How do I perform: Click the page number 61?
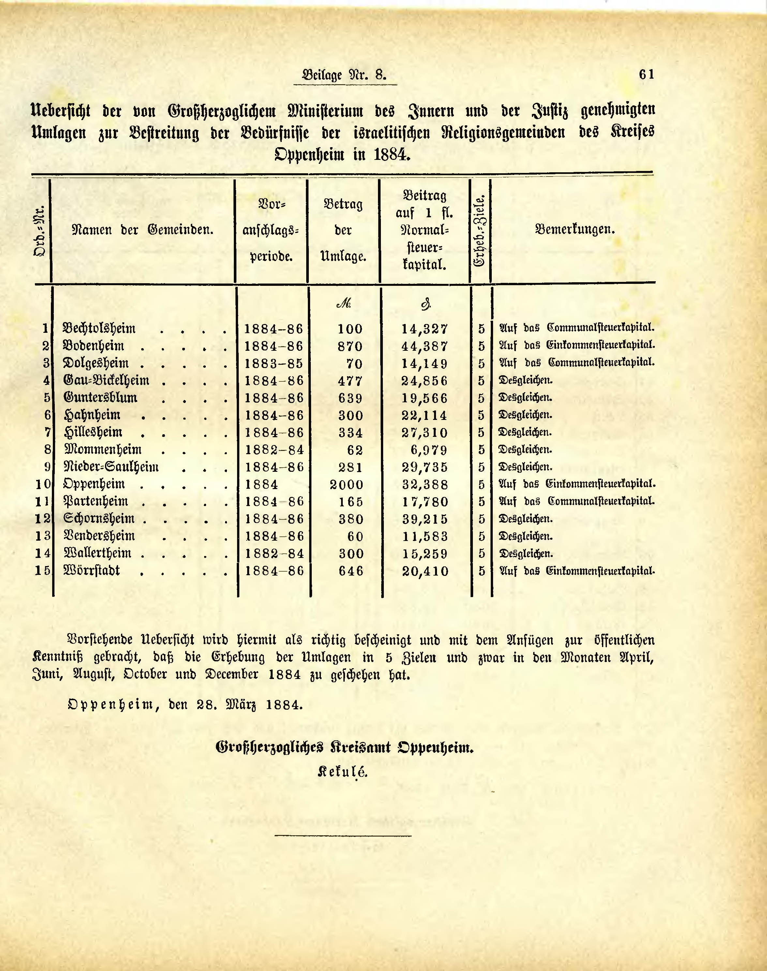coord(647,75)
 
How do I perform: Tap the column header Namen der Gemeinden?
coord(143,230)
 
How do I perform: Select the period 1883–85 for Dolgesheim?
coord(274,363)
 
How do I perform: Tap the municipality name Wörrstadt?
coord(92,571)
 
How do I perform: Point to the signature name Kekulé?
coord(343,772)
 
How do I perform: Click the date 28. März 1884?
coord(249,704)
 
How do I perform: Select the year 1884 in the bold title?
coord(391,155)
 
